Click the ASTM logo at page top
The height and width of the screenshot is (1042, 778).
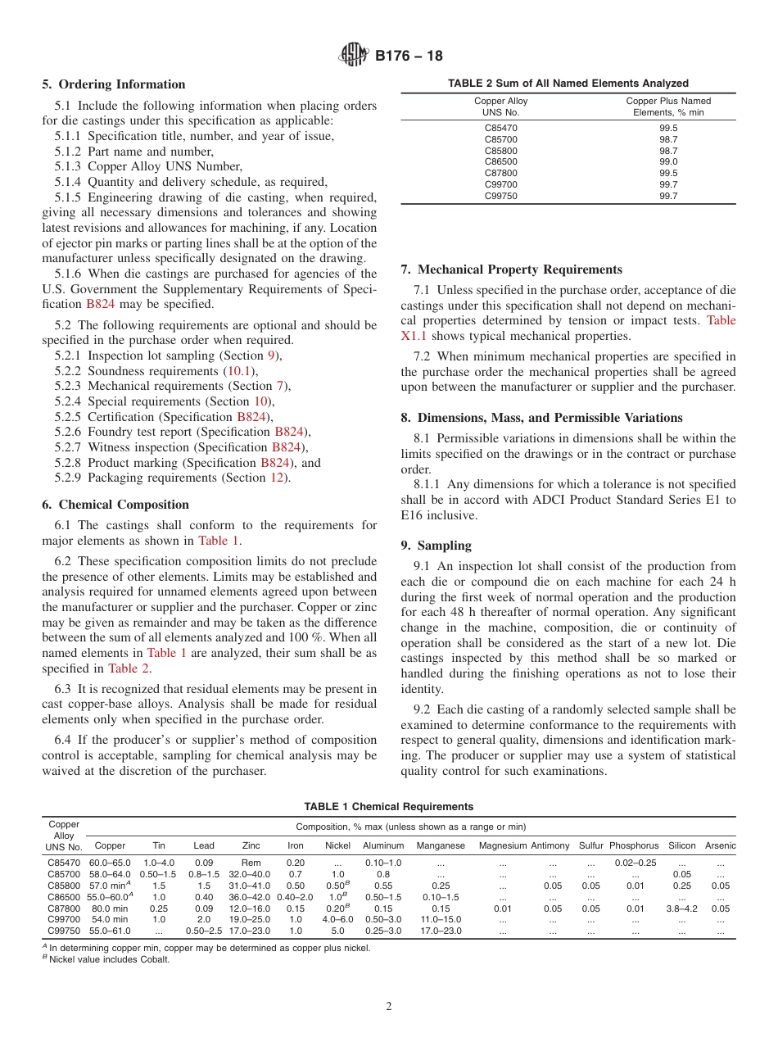coord(354,56)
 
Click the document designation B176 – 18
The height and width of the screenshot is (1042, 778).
coord(409,56)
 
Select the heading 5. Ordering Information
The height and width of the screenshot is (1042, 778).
coord(114,84)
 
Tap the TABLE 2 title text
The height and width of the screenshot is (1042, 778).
coord(568,83)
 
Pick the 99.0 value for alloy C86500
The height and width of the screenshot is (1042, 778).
coord(668,161)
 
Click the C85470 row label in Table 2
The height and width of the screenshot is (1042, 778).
coord(501,128)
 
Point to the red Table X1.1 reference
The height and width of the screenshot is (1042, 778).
coord(721,320)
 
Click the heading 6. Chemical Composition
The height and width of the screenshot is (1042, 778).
coord(115,505)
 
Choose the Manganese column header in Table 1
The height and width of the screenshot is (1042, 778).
coord(441,845)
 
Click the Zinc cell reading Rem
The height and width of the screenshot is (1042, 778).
coord(251,863)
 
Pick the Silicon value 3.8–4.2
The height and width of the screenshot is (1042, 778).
coord(682,908)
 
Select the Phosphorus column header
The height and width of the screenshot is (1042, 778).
coord(634,845)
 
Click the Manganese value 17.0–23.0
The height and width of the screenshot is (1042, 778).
coord(441,931)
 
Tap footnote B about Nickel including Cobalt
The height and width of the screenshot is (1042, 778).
coord(106,960)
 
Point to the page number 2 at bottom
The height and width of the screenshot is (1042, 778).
coord(389,1007)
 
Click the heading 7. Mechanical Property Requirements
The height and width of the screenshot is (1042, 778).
coord(512,270)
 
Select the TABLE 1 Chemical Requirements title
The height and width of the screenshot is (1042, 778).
coord(389,807)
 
